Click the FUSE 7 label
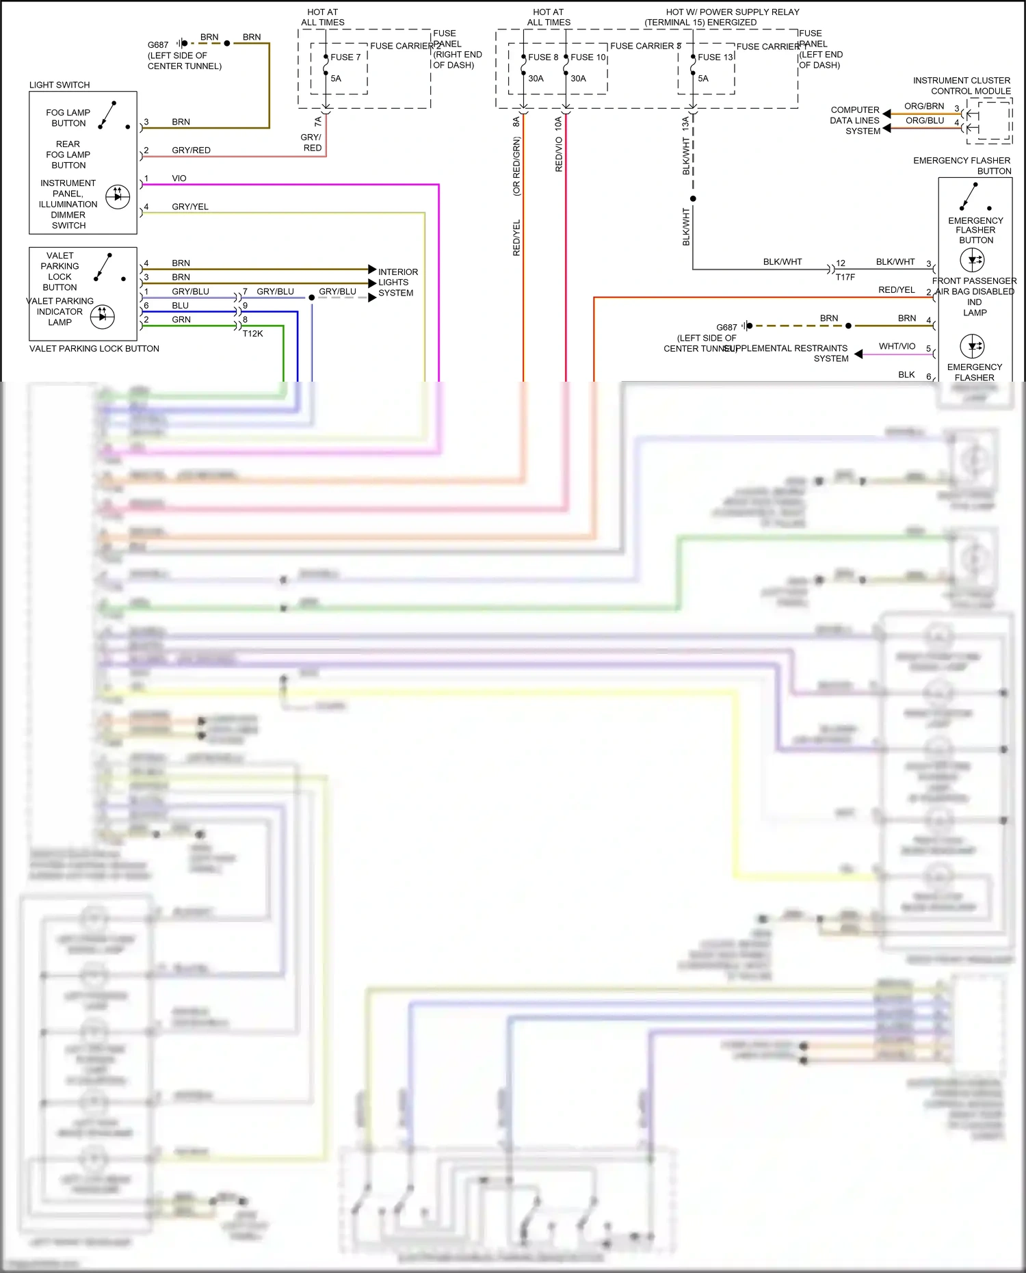pos(345,57)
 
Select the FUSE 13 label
pos(715,57)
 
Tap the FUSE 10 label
pos(588,57)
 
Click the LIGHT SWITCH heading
pos(60,85)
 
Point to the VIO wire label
pos(179,179)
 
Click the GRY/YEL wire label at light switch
pos(190,207)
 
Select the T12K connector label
pos(252,334)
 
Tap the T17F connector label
pos(845,277)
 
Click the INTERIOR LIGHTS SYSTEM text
pos(397,283)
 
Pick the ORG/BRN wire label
pos(924,107)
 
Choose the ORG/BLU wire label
pos(925,121)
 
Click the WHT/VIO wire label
pos(897,347)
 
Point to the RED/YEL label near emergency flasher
pos(896,290)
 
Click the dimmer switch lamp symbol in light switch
pos(118,196)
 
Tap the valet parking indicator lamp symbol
pos(103,316)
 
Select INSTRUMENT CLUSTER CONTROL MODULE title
pos(962,86)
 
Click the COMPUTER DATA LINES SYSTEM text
pos(855,120)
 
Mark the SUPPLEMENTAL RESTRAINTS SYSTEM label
pos(787,353)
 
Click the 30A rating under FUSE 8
pos(536,79)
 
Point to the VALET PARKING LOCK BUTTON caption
pos(94,349)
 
